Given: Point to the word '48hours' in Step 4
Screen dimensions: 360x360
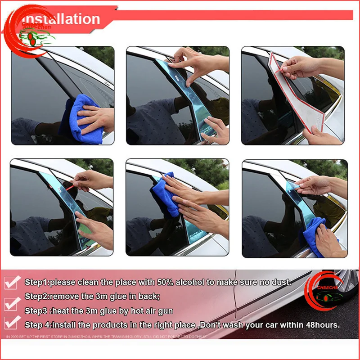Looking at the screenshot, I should point(322,324).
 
